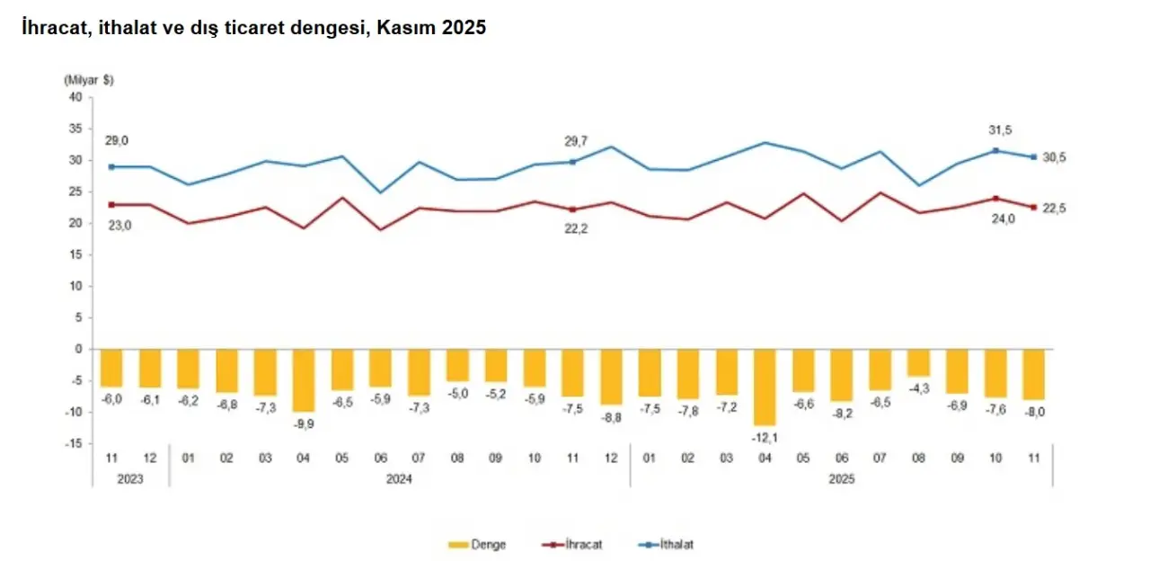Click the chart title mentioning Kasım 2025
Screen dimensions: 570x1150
coord(254,28)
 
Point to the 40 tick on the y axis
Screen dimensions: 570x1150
coord(75,97)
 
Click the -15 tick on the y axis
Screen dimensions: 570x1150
coord(73,443)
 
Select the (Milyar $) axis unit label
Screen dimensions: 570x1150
coord(89,80)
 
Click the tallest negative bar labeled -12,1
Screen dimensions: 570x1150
coord(765,387)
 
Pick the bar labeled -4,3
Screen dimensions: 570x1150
coord(918,362)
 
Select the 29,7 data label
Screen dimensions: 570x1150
coord(576,140)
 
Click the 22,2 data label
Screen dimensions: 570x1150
coord(576,228)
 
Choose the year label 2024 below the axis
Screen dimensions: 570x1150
coord(399,479)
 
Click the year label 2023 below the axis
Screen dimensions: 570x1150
coord(130,479)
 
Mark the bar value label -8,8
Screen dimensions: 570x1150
coord(612,418)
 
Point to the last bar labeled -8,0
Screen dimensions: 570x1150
coord(1033,374)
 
